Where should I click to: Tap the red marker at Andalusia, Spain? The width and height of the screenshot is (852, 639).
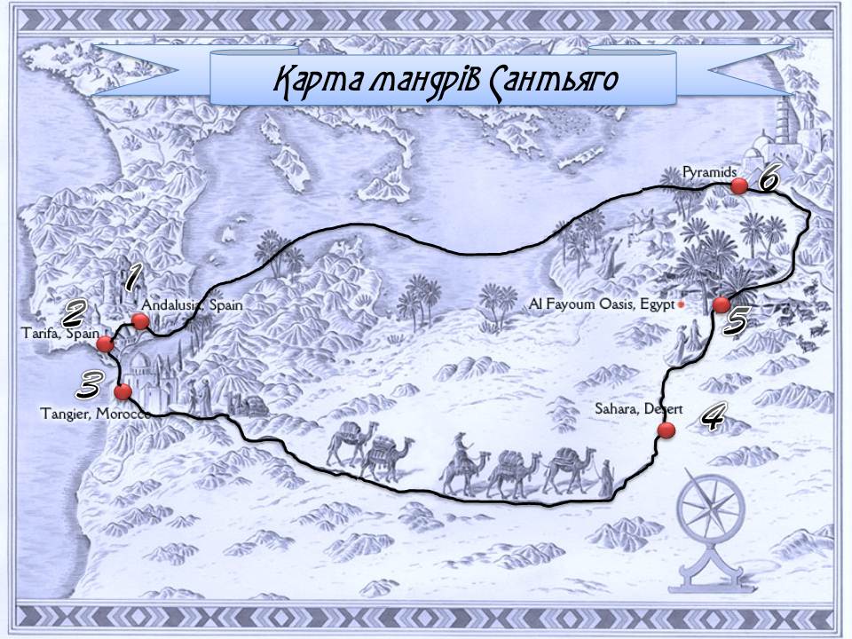coord(140,321)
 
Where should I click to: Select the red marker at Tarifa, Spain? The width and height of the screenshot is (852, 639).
coord(106,344)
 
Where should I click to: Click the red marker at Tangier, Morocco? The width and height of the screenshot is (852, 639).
coord(123,390)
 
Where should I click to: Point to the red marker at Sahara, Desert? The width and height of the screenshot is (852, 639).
coord(666,430)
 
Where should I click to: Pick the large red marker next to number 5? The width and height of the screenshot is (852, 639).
coord(721,304)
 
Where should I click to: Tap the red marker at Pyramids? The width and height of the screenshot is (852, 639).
coord(738,185)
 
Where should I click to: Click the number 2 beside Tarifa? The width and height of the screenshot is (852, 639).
coord(73,312)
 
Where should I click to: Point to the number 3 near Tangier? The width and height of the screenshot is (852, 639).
coord(88,385)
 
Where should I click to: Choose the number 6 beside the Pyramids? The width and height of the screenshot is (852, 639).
coord(767,179)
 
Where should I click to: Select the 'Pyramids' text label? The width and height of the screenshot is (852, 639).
coord(706,170)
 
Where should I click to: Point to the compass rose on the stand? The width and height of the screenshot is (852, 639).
coord(712,504)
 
